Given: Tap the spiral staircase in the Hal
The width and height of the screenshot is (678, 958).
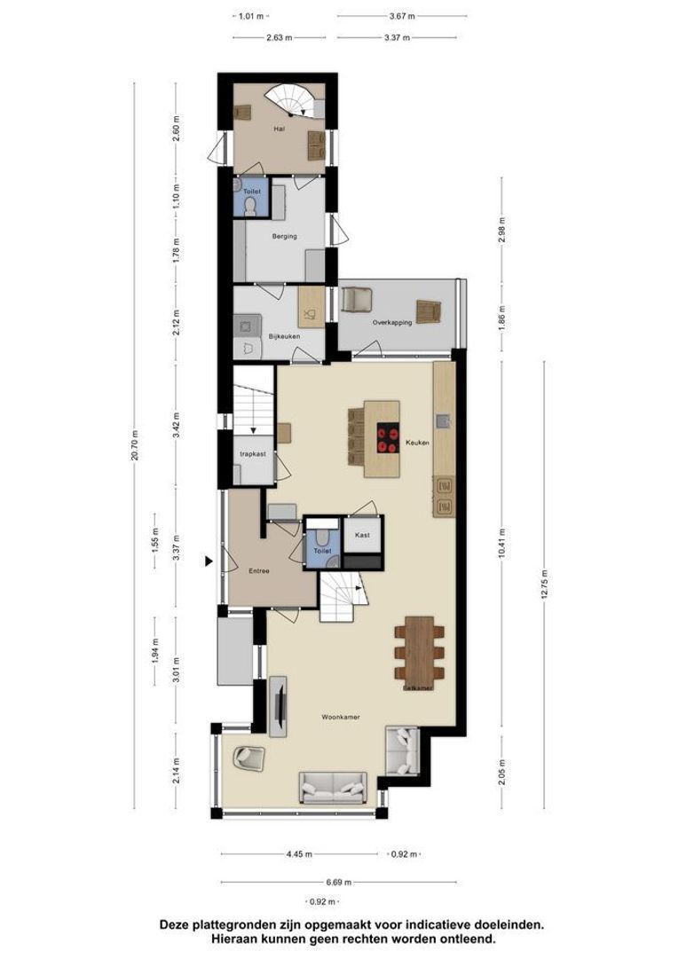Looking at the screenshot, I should (x=295, y=100).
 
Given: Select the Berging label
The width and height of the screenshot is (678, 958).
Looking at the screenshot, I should (x=285, y=236).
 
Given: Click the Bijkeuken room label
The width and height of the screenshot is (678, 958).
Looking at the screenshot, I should (x=284, y=336).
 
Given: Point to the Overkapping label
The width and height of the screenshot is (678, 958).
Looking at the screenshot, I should (x=393, y=323).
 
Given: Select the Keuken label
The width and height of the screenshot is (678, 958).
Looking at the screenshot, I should (x=417, y=441).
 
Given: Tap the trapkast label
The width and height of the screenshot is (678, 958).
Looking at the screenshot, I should (x=253, y=453).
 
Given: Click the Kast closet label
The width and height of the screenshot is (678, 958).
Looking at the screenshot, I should (x=362, y=536).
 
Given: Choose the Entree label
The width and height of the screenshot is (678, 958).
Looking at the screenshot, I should (x=258, y=570).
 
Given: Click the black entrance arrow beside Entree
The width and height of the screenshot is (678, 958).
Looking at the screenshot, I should (x=209, y=561).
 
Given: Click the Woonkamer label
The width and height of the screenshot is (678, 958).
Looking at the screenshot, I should (x=341, y=717).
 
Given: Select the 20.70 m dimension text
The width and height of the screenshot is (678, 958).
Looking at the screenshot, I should (x=135, y=452).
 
